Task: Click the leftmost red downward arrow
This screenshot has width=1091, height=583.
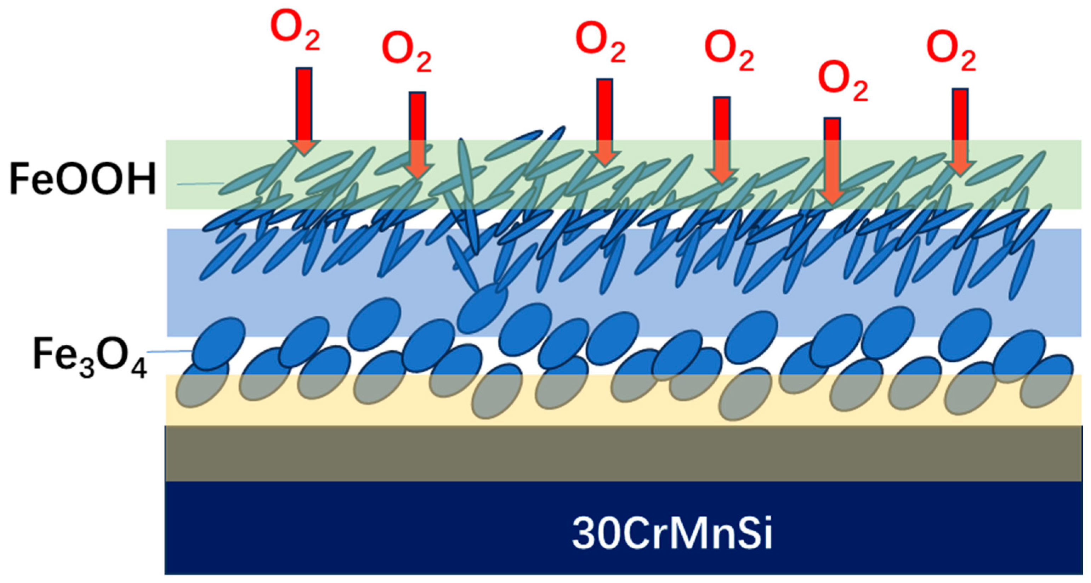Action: click(304, 110)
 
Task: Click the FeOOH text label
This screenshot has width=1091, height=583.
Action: click(83, 180)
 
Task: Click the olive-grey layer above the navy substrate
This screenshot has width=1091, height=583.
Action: click(623, 453)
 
